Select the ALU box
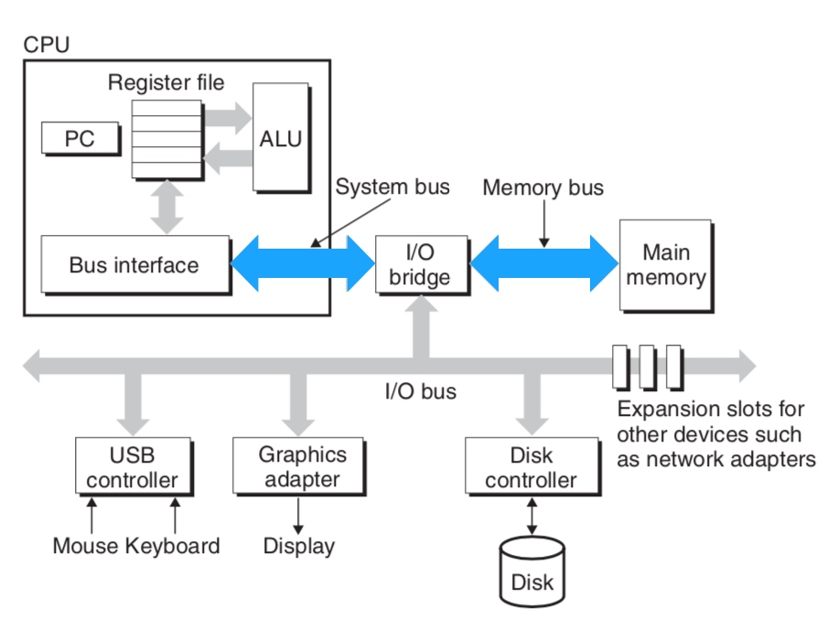coord(280,139)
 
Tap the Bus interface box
coord(134,265)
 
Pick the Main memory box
coord(665,264)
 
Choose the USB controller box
coord(133,466)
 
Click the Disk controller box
coord(531,466)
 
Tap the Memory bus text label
coord(543,187)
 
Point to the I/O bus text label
coord(420,392)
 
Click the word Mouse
coord(85,547)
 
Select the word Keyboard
coord(172,547)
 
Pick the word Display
coord(298,547)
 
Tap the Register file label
coord(166,82)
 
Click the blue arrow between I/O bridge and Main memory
coord(543,262)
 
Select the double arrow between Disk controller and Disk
coord(532,517)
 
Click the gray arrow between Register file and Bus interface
coord(166,207)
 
